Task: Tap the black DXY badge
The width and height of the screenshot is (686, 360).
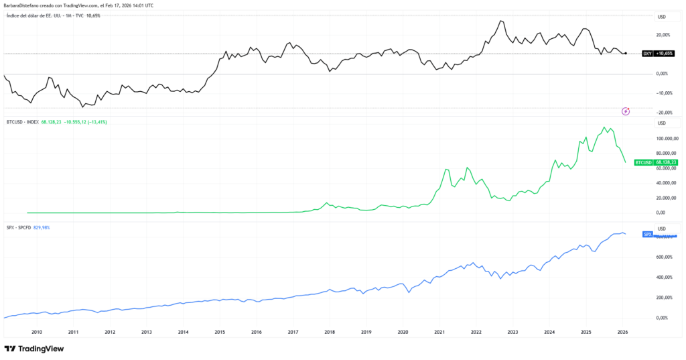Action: coord(647,53)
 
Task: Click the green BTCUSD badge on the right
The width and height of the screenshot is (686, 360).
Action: coord(642,162)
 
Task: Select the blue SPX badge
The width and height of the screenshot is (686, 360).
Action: coord(647,234)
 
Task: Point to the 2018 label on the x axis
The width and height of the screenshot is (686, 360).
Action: coord(329,332)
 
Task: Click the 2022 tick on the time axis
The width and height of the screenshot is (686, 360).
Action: coord(476,332)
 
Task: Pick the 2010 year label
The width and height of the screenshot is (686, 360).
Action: coord(37,332)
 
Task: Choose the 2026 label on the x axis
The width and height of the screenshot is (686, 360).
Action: coord(622,332)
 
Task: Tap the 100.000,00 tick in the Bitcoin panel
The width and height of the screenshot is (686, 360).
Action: coord(670,139)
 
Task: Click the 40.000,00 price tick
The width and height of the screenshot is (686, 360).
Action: coord(670,183)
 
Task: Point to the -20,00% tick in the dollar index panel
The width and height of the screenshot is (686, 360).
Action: coord(666,112)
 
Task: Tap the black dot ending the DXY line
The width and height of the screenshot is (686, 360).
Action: coord(625,53)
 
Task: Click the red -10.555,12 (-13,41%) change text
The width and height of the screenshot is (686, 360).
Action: coord(84,122)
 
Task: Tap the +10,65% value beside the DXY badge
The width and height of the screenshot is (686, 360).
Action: coord(664,53)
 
